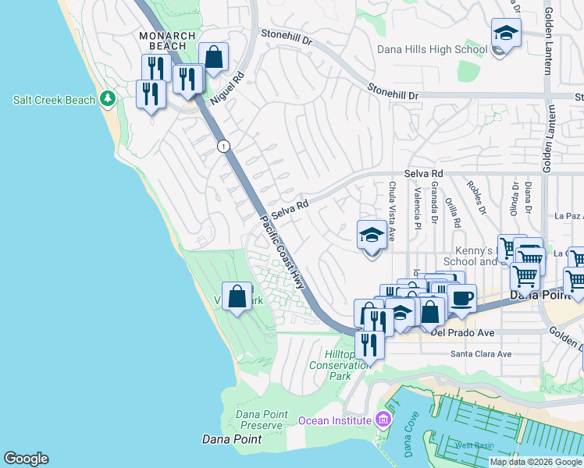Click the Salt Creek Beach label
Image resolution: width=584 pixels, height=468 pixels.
click(x=54, y=100)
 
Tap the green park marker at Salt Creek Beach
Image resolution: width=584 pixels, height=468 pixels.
click(x=108, y=100)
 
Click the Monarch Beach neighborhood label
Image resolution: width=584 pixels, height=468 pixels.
click(x=162, y=41)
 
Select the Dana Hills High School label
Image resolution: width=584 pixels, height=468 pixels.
click(x=432, y=49)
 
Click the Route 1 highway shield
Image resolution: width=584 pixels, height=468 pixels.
click(x=224, y=146)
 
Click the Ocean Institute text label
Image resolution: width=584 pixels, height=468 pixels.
click(x=334, y=420)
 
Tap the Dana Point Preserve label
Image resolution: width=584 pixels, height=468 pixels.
click(x=258, y=419)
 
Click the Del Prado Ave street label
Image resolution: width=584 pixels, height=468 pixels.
click(x=462, y=333)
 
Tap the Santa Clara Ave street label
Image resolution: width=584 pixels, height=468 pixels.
click(x=480, y=353)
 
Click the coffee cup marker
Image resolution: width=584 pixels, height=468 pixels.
click(x=461, y=298)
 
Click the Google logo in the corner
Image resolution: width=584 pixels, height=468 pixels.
click(x=26, y=459)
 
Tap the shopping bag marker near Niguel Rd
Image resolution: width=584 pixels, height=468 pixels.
click(x=213, y=57)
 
